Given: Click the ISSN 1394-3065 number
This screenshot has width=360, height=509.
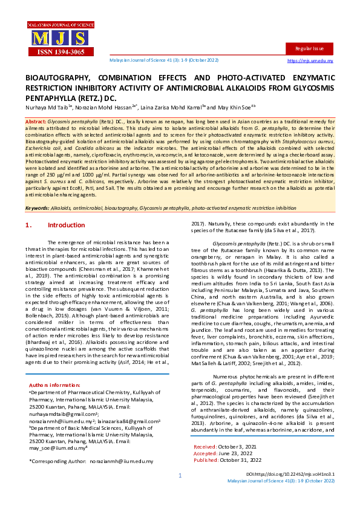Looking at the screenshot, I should (46, 53).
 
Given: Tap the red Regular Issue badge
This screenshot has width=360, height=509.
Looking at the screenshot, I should (309, 48).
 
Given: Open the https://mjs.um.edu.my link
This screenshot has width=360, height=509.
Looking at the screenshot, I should (310, 61).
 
